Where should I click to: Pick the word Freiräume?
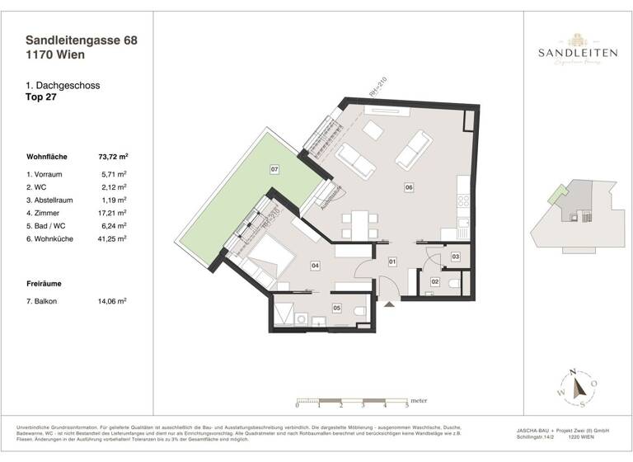(x=47, y=283)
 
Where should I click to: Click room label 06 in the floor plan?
(x=409, y=187)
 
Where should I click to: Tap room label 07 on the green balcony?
(x=274, y=171)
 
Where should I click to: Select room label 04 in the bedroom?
(x=315, y=265)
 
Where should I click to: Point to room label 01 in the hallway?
(x=393, y=262)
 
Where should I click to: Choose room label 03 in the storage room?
(x=456, y=257)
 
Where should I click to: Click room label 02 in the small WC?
(x=434, y=282)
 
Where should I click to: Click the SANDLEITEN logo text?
(x=578, y=54)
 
